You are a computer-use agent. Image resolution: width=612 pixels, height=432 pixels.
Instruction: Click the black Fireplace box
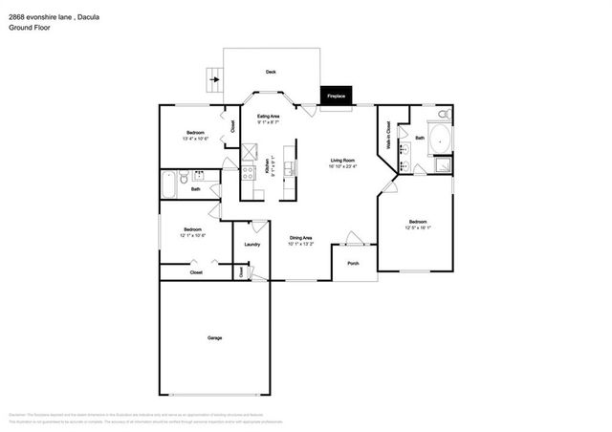tap(336, 96)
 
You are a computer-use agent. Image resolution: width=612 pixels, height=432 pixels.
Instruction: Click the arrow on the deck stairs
tap(214, 80)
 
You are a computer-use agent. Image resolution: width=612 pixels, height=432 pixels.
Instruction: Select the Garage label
tap(214, 338)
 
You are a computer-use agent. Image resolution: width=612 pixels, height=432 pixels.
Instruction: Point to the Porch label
tap(353, 263)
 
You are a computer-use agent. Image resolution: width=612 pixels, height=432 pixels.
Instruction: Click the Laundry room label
tap(252, 244)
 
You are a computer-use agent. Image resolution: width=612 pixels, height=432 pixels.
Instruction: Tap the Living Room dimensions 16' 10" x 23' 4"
tap(343, 166)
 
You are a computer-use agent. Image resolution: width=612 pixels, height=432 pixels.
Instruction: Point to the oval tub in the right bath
tap(441, 139)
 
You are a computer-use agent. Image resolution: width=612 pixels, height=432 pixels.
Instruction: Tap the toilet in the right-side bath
tap(442, 115)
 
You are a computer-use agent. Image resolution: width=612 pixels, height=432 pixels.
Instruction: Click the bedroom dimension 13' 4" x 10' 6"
tap(195, 139)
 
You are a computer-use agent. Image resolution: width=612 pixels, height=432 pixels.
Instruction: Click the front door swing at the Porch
tap(353, 238)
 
